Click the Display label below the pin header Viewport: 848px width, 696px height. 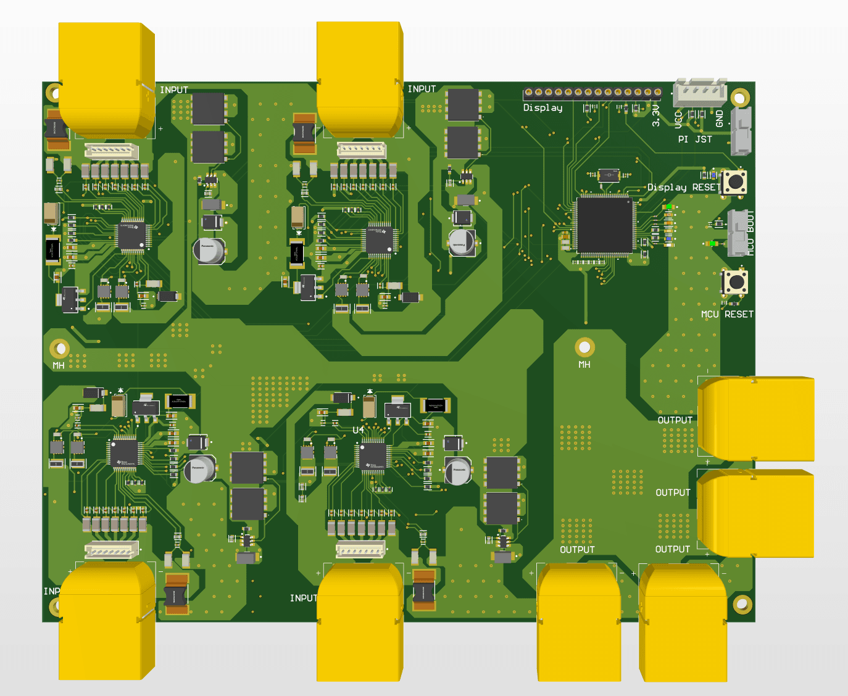tap(542, 108)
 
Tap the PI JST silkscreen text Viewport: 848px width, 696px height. tap(694, 139)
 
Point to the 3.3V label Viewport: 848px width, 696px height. tap(656, 115)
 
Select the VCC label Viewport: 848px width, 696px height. tap(678, 118)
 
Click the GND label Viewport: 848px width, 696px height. tap(720, 118)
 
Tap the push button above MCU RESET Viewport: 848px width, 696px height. tap(734, 282)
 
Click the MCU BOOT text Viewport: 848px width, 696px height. tap(750, 233)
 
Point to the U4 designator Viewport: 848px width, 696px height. tap(358, 429)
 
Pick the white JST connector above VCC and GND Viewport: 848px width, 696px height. tap(700, 92)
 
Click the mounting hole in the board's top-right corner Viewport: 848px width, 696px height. tap(740, 97)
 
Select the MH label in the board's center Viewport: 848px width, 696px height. tap(584, 365)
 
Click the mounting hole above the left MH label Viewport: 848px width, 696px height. tap(60, 349)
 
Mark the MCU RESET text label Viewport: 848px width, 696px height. tap(726, 315)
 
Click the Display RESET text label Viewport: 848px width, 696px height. tap(683, 188)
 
